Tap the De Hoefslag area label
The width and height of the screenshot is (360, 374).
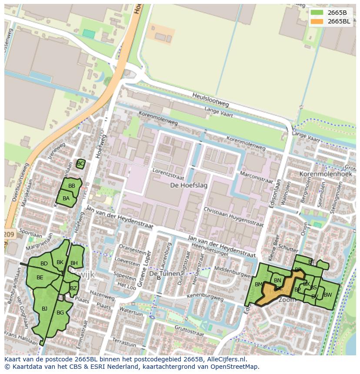189,185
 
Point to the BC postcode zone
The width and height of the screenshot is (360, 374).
80,164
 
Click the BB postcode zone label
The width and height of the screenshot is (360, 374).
72,186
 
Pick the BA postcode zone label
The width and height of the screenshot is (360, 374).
66,199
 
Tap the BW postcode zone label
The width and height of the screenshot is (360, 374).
327,295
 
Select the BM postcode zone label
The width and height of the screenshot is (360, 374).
259,285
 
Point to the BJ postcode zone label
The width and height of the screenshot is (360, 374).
44,309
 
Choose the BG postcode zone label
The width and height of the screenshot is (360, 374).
60,313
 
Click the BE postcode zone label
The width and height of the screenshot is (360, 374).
40,278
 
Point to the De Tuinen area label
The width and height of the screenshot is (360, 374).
164,274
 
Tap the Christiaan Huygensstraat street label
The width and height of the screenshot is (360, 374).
233,217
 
